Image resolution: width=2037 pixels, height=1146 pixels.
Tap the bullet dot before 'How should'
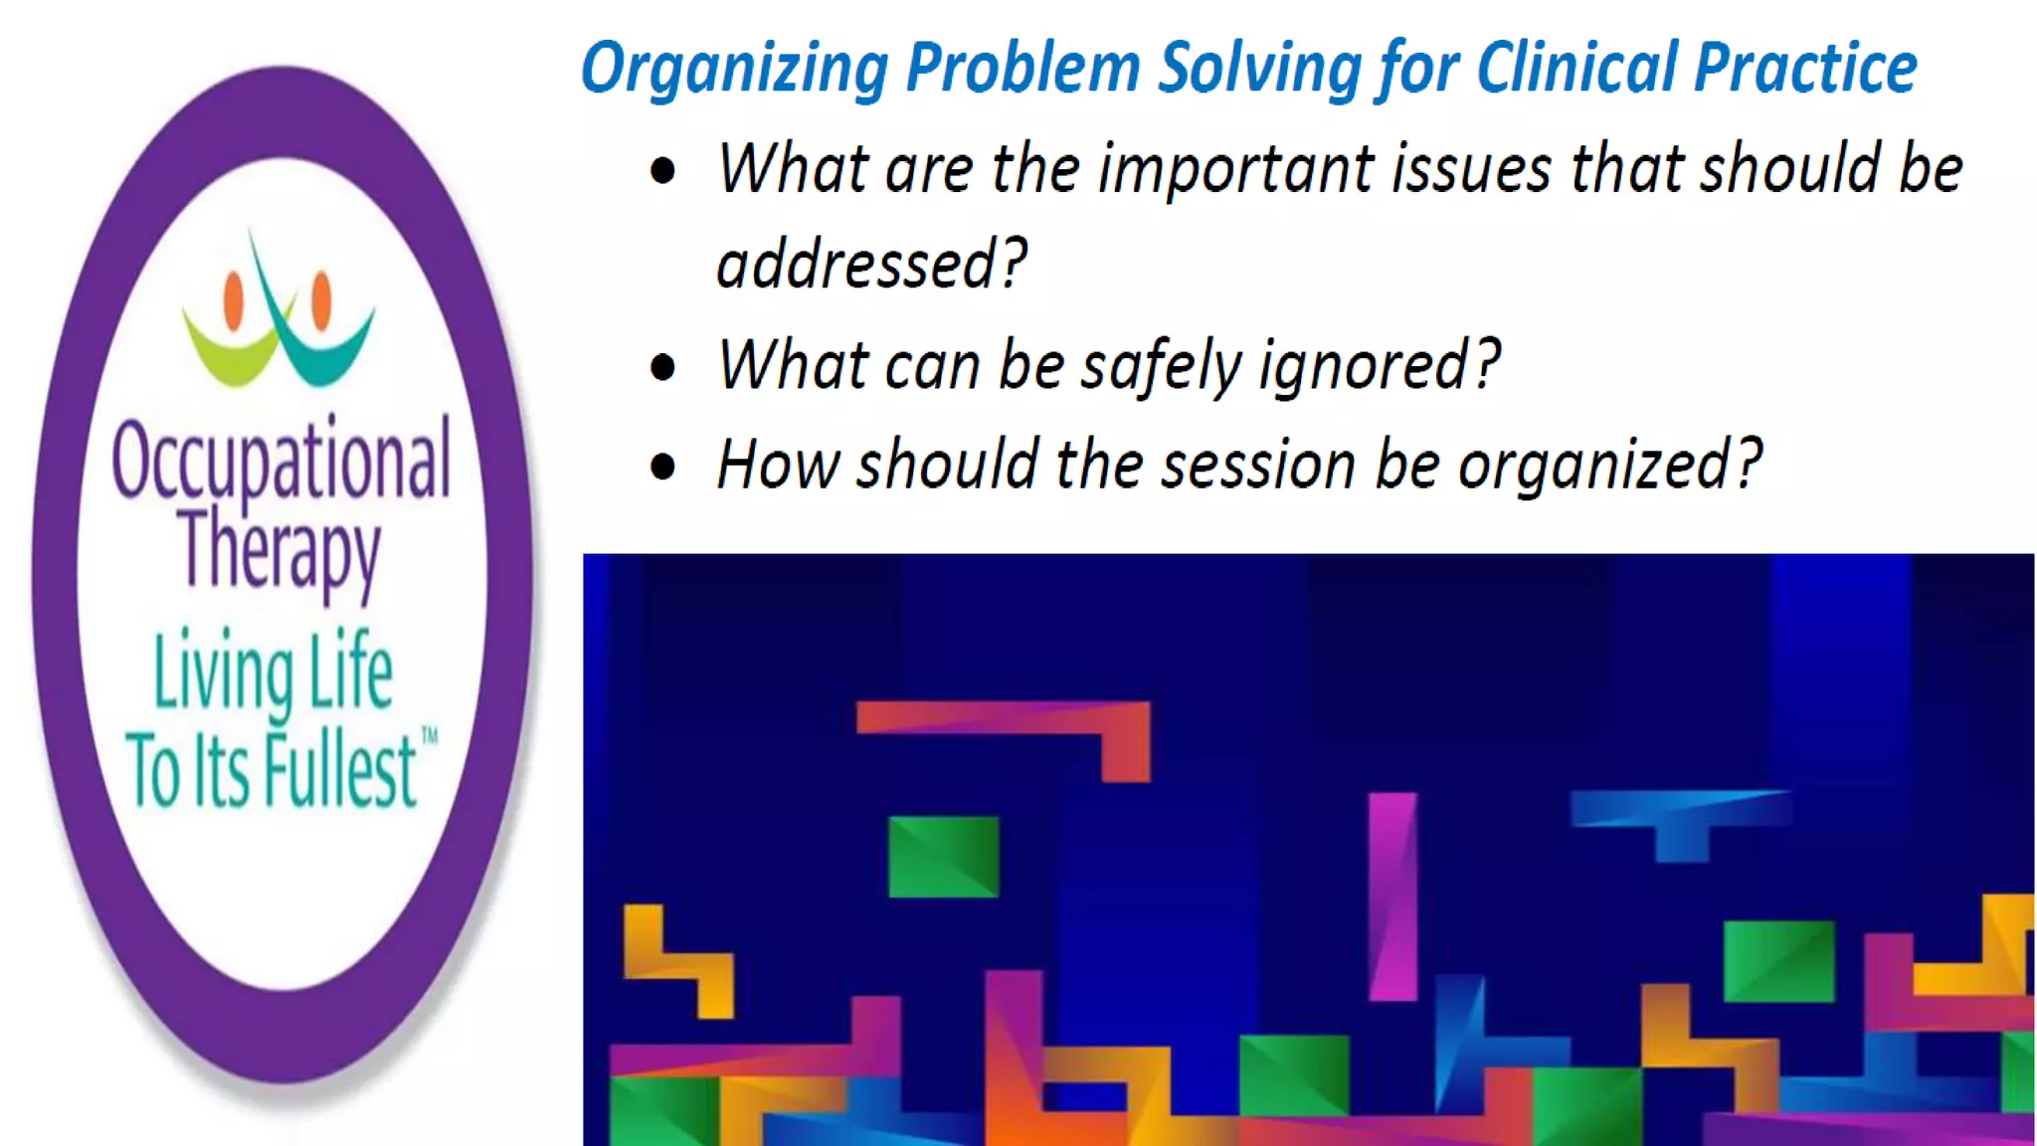pos(662,467)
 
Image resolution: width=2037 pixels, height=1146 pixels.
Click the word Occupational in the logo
pos(281,461)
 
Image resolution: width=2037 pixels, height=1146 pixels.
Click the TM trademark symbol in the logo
pos(430,737)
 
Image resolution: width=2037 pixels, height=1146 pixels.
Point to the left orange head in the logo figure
pos(234,299)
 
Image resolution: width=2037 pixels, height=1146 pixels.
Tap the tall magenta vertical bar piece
pos(1391,895)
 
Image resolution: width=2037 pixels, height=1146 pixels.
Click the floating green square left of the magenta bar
pos(943,857)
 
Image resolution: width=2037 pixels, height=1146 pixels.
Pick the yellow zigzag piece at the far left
pos(676,959)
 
